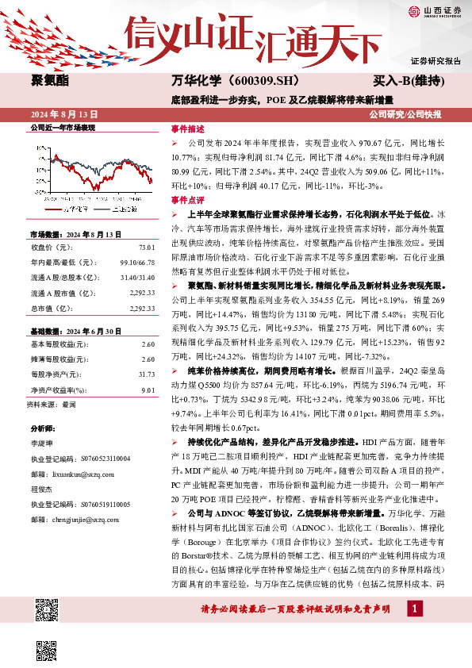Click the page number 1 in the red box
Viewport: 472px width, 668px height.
(x=413, y=608)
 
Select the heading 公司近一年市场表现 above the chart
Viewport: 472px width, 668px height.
(x=62, y=128)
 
